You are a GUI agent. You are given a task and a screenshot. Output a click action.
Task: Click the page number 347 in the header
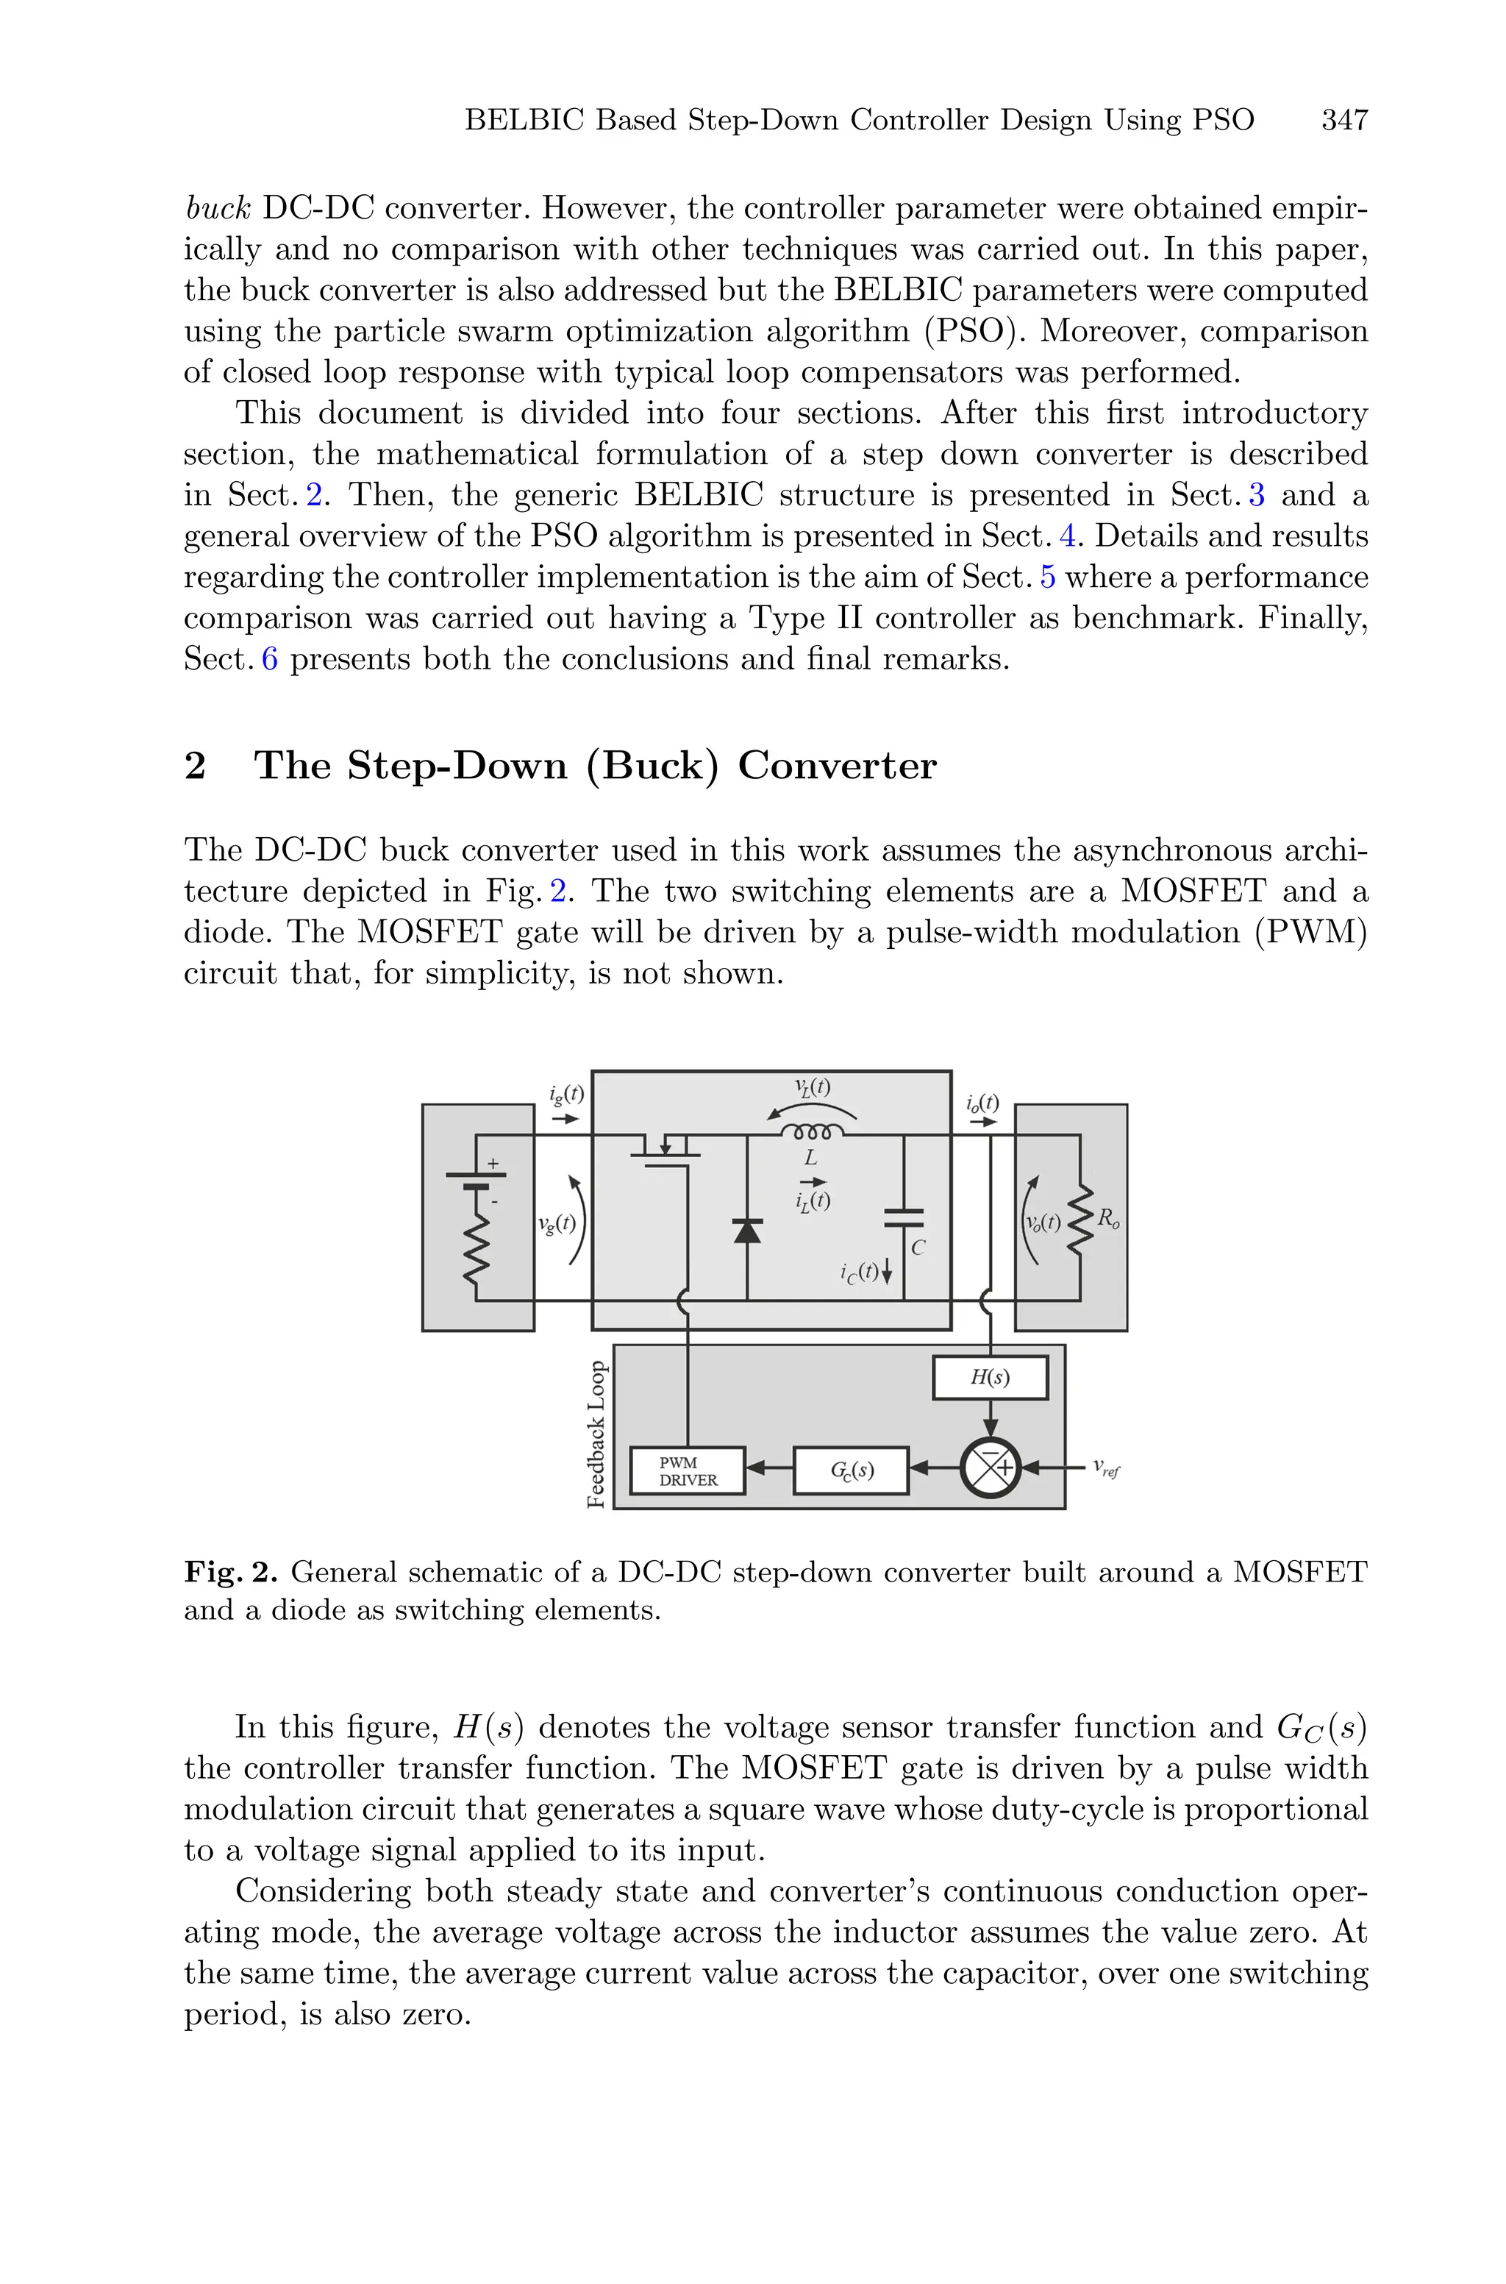pyautogui.click(x=1343, y=120)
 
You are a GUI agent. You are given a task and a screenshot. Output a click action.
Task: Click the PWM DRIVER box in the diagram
pyautogui.click(x=688, y=1471)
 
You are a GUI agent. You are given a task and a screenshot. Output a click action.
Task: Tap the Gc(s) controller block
pyautogui.click(x=851, y=1470)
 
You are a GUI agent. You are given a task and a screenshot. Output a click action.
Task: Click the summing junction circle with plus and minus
pyautogui.click(x=991, y=1467)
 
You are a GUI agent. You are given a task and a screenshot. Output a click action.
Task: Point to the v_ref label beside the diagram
pyautogui.click(x=1105, y=1468)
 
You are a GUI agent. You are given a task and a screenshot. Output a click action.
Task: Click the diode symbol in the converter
pyautogui.click(x=747, y=1231)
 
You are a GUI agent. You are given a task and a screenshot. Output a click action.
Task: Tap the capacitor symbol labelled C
pyautogui.click(x=904, y=1218)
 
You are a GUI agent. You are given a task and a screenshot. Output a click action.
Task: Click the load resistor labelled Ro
pyautogui.click(x=1082, y=1220)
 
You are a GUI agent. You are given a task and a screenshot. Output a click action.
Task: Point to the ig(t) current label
pyautogui.click(x=565, y=1094)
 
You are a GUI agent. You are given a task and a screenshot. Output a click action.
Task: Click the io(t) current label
pyautogui.click(x=982, y=1103)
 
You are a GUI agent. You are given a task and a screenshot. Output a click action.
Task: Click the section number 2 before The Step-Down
pyautogui.click(x=195, y=766)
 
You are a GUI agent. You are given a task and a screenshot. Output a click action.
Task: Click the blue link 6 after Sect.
pyautogui.click(x=269, y=659)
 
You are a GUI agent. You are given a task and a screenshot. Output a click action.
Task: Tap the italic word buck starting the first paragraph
pyautogui.click(x=218, y=207)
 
